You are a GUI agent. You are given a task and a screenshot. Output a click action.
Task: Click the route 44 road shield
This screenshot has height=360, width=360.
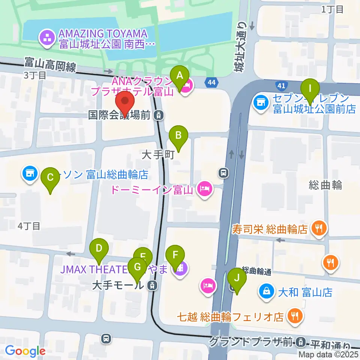click(x=211, y=81)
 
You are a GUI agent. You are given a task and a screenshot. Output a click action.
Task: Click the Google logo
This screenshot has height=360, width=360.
click(x=25, y=351)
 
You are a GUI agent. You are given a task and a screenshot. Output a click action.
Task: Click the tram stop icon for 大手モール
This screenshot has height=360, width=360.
click(x=152, y=285)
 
